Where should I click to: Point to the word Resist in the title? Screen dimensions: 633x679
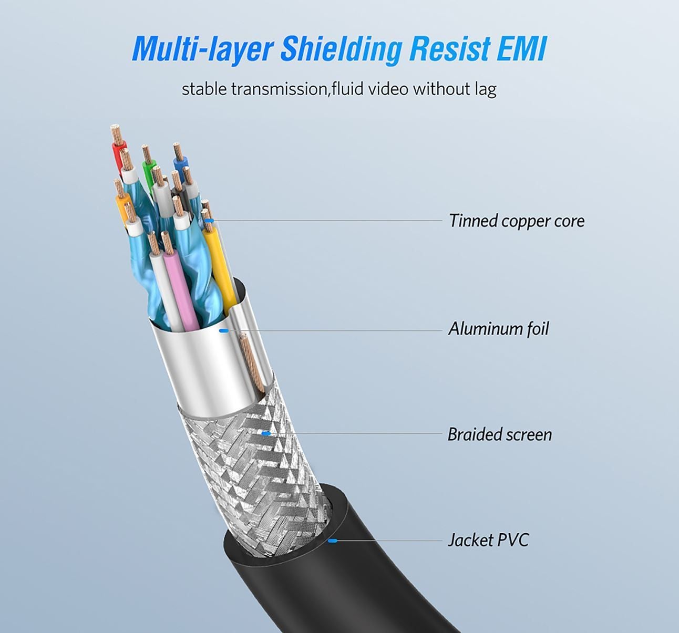(450, 49)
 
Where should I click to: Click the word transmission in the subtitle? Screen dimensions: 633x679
(279, 89)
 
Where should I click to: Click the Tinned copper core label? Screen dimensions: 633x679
(516, 221)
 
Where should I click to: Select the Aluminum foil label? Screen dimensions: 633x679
(498, 329)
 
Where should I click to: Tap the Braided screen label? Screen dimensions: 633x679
(499, 435)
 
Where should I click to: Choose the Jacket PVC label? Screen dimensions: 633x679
(488, 541)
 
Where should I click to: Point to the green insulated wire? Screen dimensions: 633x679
(148, 171)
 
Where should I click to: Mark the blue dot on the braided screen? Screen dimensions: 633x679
(266, 433)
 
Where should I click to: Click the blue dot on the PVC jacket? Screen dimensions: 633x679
(332, 540)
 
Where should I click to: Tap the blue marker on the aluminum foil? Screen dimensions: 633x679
(223, 330)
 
